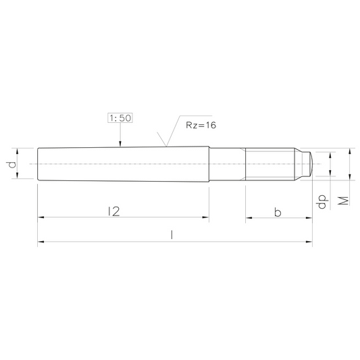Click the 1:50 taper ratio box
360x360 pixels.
tap(120, 118)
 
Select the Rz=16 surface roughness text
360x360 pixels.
tap(201, 125)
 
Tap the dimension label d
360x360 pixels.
tap(11, 164)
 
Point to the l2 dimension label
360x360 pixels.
tap(114, 211)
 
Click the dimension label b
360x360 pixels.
tap(278, 212)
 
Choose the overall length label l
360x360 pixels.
tap(172, 235)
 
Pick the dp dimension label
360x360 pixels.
tap(322, 201)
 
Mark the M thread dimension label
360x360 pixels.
tap(344, 201)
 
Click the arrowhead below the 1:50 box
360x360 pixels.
tap(120, 144)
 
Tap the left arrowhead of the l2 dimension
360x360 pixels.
tap(41, 217)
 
